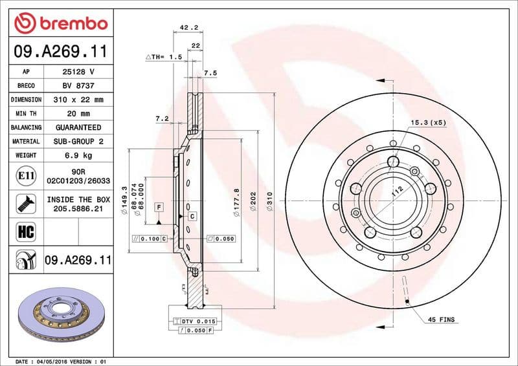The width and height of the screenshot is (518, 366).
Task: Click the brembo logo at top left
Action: click(60, 24)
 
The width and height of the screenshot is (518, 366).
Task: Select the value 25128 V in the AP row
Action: click(78, 72)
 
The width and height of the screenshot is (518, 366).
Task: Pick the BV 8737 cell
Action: click(78, 85)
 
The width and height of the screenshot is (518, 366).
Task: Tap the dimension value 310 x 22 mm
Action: click(78, 100)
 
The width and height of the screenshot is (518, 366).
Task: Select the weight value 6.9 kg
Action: click(78, 155)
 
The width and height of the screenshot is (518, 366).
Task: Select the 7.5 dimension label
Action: click(210, 73)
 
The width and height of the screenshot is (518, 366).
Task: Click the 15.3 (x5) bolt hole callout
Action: click(428, 122)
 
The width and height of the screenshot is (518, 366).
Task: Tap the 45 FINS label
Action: click(442, 320)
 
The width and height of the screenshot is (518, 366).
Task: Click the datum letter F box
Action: click(157, 206)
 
